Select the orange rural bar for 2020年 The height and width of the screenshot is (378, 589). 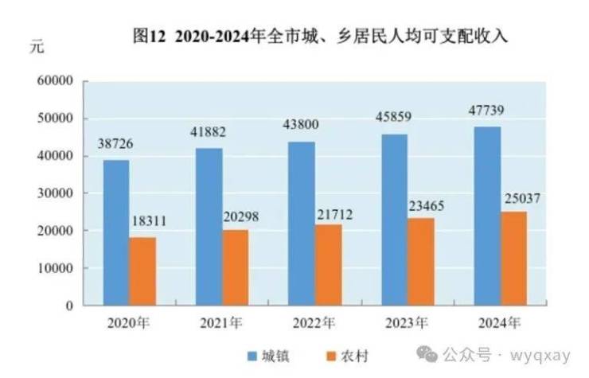pyautogui.click(x=143, y=271)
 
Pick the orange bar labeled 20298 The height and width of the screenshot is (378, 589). pyautogui.click(x=236, y=267)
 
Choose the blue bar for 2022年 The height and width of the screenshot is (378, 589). pyautogui.click(x=301, y=224)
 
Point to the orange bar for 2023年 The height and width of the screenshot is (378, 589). pyautogui.click(x=420, y=261)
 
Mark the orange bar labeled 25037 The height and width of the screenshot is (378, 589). pyautogui.click(x=513, y=258)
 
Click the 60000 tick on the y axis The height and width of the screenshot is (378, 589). pyautogui.click(x=57, y=81)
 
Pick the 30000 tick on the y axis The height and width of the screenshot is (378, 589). pyautogui.click(x=57, y=193)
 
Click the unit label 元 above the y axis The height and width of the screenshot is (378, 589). pyautogui.click(x=37, y=45)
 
